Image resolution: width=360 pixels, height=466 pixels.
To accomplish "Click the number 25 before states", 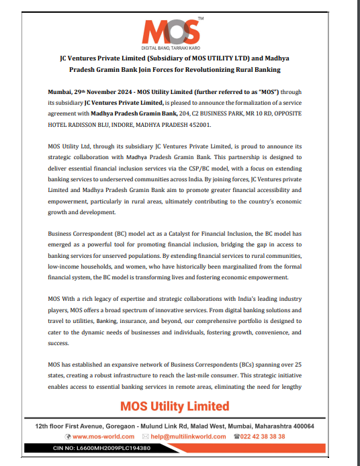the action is point(306,364).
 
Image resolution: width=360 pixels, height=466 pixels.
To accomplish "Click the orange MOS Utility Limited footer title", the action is point(175,406).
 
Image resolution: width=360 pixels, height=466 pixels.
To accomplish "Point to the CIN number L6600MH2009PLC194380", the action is point(122,448).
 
